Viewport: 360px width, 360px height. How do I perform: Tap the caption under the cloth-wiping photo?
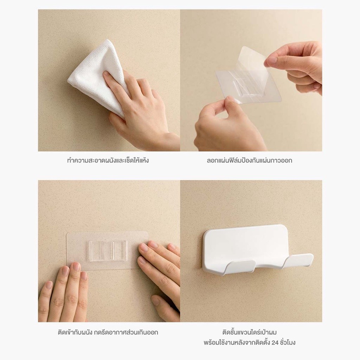[108, 160]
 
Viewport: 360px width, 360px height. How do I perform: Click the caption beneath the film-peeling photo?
[250, 160]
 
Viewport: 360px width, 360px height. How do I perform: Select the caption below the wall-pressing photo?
[108, 332]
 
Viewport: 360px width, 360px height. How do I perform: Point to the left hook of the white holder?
[241, 267]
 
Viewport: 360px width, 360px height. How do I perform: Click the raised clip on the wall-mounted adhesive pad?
[108, 251]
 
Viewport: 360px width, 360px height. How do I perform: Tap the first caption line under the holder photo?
[250, 332]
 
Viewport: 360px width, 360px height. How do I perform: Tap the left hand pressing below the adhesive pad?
[63, 294]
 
